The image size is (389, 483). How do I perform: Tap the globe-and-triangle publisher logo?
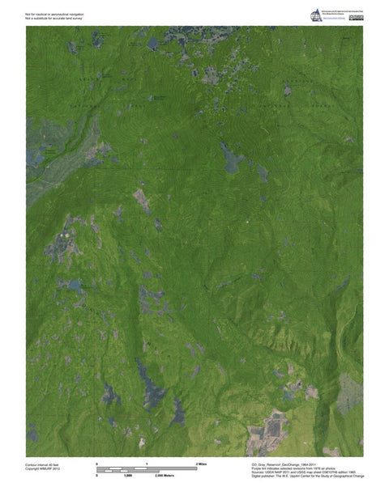tap(316, 15)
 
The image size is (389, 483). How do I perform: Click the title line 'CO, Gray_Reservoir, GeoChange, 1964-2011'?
tap(280, 464)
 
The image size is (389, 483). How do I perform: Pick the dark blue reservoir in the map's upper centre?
tap(232, 157)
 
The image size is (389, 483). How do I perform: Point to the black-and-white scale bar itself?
tap(147, 469)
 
